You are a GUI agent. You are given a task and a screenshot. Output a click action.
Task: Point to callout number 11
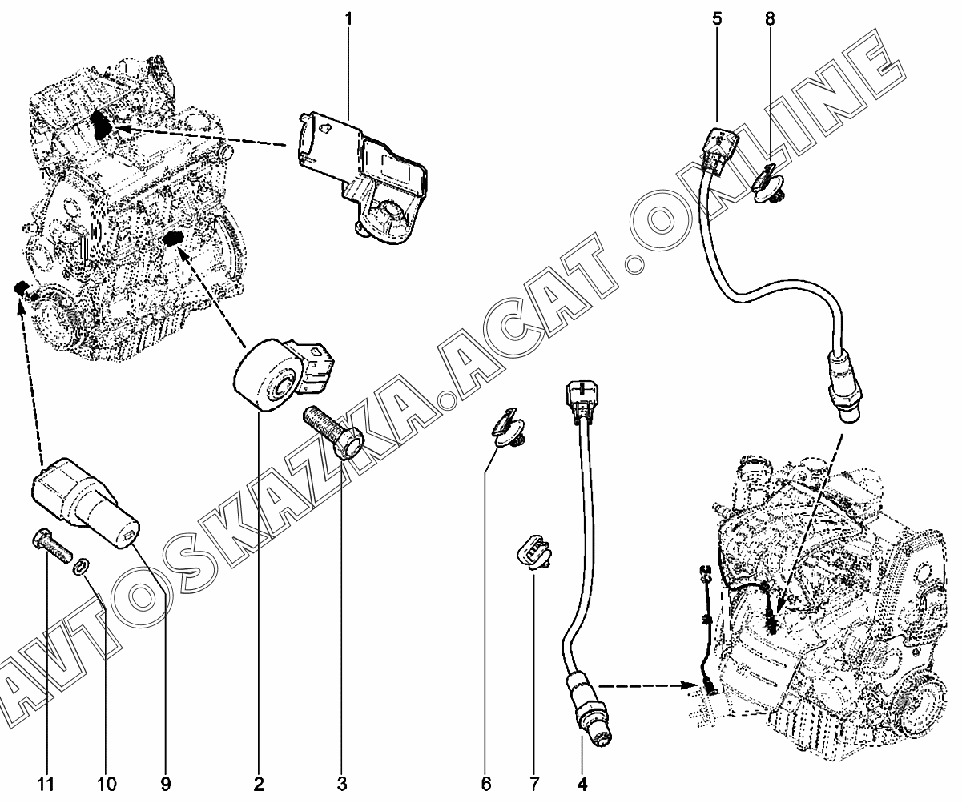[46, 782]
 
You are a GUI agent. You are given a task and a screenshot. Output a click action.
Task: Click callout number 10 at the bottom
[107, 782]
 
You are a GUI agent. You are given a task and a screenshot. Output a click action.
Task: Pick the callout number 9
[167, 782]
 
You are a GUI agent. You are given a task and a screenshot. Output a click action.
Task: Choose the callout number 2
[260, 782]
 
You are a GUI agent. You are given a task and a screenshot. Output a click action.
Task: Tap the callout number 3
[342, 782]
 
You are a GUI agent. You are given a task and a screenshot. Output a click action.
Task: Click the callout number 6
[486, 782]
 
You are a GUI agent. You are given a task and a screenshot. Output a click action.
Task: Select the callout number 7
[533, 782]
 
